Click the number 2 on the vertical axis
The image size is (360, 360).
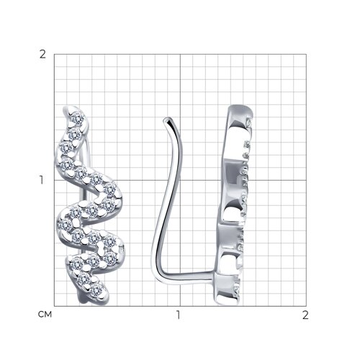point(42,55)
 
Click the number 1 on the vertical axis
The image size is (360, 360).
point(42,180)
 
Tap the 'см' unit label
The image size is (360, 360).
point(45,314)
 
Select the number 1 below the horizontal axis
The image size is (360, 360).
point(178,315)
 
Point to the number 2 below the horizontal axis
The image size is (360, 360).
point(305,315)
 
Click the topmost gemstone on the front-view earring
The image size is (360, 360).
point(78,118)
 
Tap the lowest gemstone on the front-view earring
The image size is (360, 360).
point(96,290)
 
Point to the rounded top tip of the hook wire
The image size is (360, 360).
point(166,119)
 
